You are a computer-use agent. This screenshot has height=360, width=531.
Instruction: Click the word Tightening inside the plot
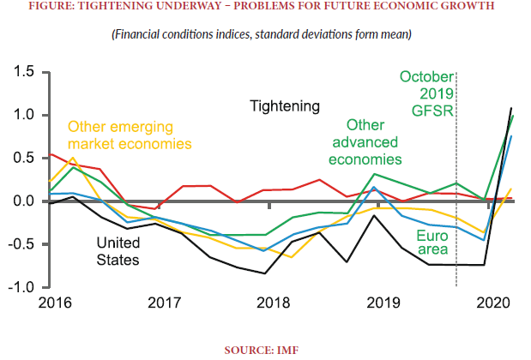pyautogui.click(x=285, y=106)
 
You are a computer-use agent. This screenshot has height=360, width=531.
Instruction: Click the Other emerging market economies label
pyautogui.click(x=129, y=134)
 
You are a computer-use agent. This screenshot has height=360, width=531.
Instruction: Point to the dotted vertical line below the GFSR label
pyautogui.click(x=456, y=214)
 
